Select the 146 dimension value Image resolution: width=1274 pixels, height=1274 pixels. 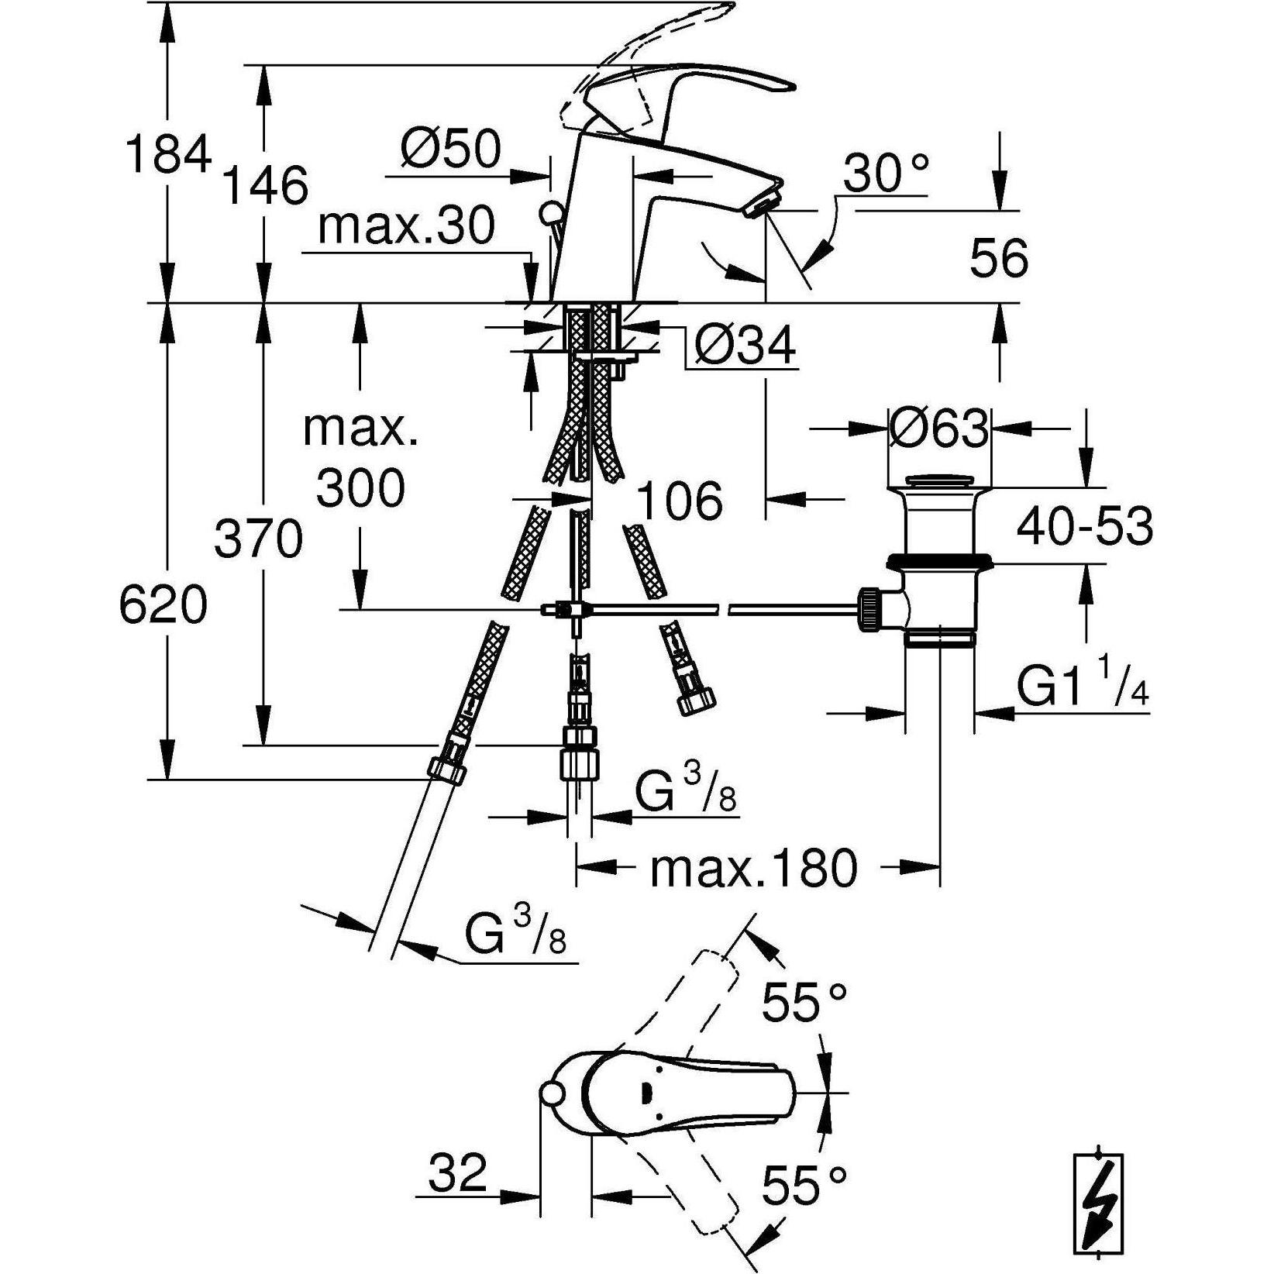[265, 186]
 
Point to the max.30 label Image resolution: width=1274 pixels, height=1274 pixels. [406, 227]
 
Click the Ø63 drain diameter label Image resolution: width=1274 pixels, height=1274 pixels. [939, 427]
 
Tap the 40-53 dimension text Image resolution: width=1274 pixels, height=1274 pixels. [1084, 527]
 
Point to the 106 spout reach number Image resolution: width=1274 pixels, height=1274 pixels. [679, 501]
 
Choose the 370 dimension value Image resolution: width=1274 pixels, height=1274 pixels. [258, 539]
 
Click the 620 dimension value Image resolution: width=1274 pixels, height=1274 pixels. [164, 605]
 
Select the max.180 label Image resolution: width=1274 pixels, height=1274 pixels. [753, 868]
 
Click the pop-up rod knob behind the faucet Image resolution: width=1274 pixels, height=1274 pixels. [552, 212]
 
